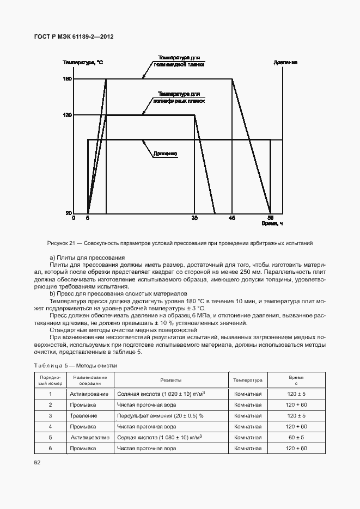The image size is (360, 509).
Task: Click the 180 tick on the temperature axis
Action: click(68, 79)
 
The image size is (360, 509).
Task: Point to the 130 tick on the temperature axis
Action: click(68, 115)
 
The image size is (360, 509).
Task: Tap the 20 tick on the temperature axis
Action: click(69, 213)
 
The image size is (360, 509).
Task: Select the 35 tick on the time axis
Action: click(194, 218)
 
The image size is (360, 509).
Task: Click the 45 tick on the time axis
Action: click(232, 218)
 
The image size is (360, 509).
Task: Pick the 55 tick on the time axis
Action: click(270, 218)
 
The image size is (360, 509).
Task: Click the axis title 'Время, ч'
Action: click(272, 224)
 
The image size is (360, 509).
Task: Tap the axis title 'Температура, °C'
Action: click(82, 63)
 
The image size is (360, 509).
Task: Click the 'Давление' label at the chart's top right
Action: click(285, 63)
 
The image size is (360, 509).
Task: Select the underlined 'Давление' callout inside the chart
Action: click(165, 154)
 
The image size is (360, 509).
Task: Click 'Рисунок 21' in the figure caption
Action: click(65, 243)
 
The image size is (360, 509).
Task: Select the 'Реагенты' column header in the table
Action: click(170, 380)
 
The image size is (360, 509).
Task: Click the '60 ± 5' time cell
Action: click(296, 437)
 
